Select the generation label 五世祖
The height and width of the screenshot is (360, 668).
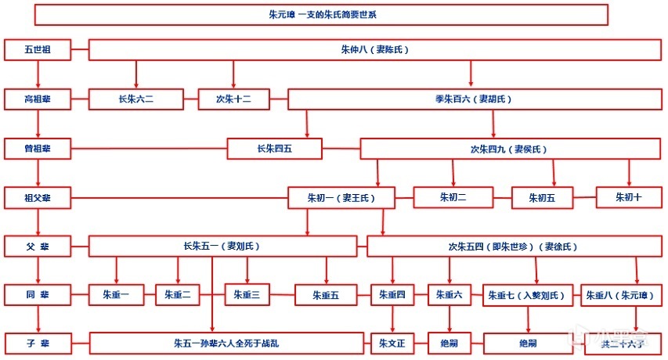click(38, 50)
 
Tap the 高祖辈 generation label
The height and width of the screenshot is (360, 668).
click(38, 99)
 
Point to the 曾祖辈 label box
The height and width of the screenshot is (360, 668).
click(38, 148)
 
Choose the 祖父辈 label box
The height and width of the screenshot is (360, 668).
click(38, 198)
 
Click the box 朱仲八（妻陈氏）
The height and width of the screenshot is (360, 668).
click(374, 50)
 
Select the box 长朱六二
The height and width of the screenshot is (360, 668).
click(136, 99)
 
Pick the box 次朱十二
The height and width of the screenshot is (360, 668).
click(234, 99)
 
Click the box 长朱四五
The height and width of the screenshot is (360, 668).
click(275, 148)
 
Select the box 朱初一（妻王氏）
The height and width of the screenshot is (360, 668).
click(341, 198)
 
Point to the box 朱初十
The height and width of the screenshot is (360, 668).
click(628, 198)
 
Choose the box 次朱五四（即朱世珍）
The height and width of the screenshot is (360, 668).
click(512, 247)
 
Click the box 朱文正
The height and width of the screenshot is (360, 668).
click(392, 343)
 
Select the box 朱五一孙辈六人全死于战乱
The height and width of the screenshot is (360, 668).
click(226, 343)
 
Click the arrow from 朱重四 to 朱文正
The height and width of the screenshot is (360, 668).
click(392, 319)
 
